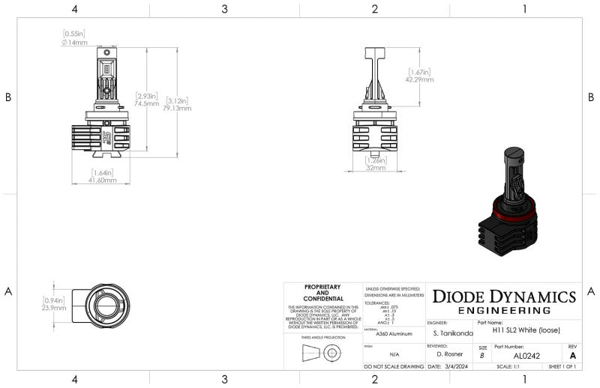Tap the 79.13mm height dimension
[178, 108]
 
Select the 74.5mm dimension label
[147, 103]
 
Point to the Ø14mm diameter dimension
[73, 41]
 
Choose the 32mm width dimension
[376, 169]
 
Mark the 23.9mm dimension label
[54, 307]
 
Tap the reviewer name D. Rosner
[451, 354]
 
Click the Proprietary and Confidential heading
[323, 292]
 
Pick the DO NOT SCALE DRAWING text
[392, 367]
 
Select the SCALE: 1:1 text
[505, 367]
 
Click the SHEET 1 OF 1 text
[562, 367]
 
